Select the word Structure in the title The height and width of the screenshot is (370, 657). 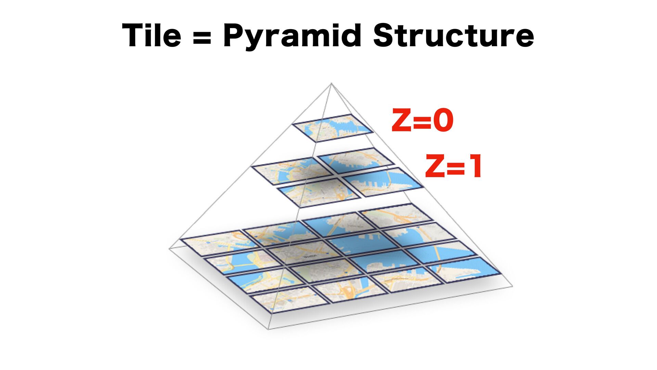[x=453, y=36]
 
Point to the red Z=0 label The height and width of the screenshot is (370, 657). [x=423, y=121]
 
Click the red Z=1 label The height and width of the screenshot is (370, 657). [x=454, y=166]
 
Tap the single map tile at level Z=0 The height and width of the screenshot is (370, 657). [x=332, y=128]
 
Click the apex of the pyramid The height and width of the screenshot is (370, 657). [x=331, y=83]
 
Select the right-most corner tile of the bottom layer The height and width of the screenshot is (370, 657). [x=465, y=269]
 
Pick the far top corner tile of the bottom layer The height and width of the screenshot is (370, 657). [x=397, y=214]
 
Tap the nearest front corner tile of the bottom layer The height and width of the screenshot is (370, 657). [x=289, y=299]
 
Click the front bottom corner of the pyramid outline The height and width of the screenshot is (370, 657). [x=268, y=329]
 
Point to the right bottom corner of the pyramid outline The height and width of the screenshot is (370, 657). [x=512, y=286]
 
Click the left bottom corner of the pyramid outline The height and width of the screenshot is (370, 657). [x=169, y=249]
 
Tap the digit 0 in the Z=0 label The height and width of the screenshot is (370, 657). [x=443, y=121]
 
